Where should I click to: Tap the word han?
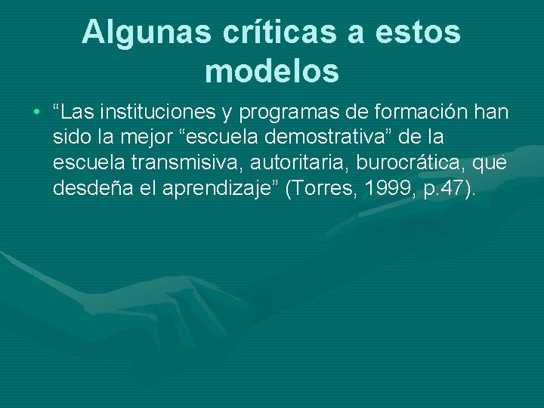pyautogui.click(x=491, y=113)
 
